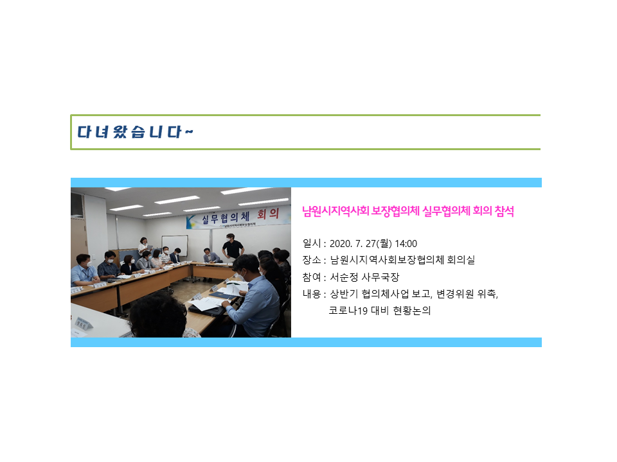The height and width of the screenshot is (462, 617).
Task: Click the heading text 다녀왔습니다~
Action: [x=135, y=132]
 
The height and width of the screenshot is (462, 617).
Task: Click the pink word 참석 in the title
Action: [x=504, y=211]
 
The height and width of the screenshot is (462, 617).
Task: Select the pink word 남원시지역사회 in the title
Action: [x=335, y=211]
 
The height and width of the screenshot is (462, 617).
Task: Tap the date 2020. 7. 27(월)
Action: [x=361, y=244]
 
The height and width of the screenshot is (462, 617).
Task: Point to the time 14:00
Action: [x=406, y=244]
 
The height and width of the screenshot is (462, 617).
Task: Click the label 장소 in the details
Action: [x=312, y=260]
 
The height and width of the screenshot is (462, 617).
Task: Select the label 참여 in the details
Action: [x=312, y=277]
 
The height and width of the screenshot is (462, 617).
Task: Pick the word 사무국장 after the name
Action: [x=380, y=277]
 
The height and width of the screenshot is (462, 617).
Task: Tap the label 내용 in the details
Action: [x=312, y=294]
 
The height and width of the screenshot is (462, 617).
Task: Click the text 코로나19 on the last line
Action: [x=348, y=311]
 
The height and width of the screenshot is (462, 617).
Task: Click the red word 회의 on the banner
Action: [x=268, y=214]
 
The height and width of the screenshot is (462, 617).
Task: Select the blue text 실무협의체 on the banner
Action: [x=226, y=218]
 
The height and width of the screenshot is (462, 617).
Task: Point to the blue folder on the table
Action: [x=222, y=293]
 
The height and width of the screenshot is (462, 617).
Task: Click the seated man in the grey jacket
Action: [x=211, y=256]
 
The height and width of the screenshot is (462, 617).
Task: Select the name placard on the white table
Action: [x=84, y=323]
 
